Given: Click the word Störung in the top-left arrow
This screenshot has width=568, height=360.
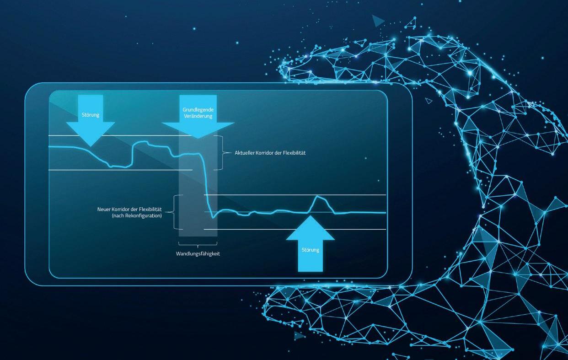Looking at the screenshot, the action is pyautogui.click(x=91, y=115).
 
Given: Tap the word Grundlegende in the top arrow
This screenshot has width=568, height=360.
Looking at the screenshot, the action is pyautogui.click(x=198, y=110).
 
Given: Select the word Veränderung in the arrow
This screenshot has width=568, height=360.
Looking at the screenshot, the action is pyautogui.click(x=198, y=117).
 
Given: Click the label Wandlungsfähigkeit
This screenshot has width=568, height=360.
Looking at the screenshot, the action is pyautogui.click(x=198, y=253).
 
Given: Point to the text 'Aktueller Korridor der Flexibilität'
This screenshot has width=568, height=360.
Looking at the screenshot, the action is pyautogui.click(x=270, y=153).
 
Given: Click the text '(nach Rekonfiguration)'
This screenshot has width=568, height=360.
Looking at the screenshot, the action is pyautogui.click(x=137, y=215).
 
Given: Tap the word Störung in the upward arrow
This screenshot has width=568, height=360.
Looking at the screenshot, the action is pyautogui.click(x=311, y=250).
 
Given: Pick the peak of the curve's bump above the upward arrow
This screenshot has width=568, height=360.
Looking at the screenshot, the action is pyautogui.click(x=318, y=196).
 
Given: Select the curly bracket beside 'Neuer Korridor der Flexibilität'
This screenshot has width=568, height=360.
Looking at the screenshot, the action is pyautogui.click(x=174, y=212).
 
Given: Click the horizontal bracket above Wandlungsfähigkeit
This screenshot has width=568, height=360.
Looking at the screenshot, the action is pyautogui.click(x=198, y=245).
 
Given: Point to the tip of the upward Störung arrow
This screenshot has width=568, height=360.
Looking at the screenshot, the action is pyautogui.click(x=311, y=216).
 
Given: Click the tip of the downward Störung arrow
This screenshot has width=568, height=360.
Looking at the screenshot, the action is pyautogui.click(x=91, y=146).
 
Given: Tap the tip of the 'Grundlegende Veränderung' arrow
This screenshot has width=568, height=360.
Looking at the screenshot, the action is pyautogui.click(x=198, y=138).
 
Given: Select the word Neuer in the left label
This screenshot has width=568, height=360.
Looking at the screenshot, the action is pyautogui.click(x=104, y=209).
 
